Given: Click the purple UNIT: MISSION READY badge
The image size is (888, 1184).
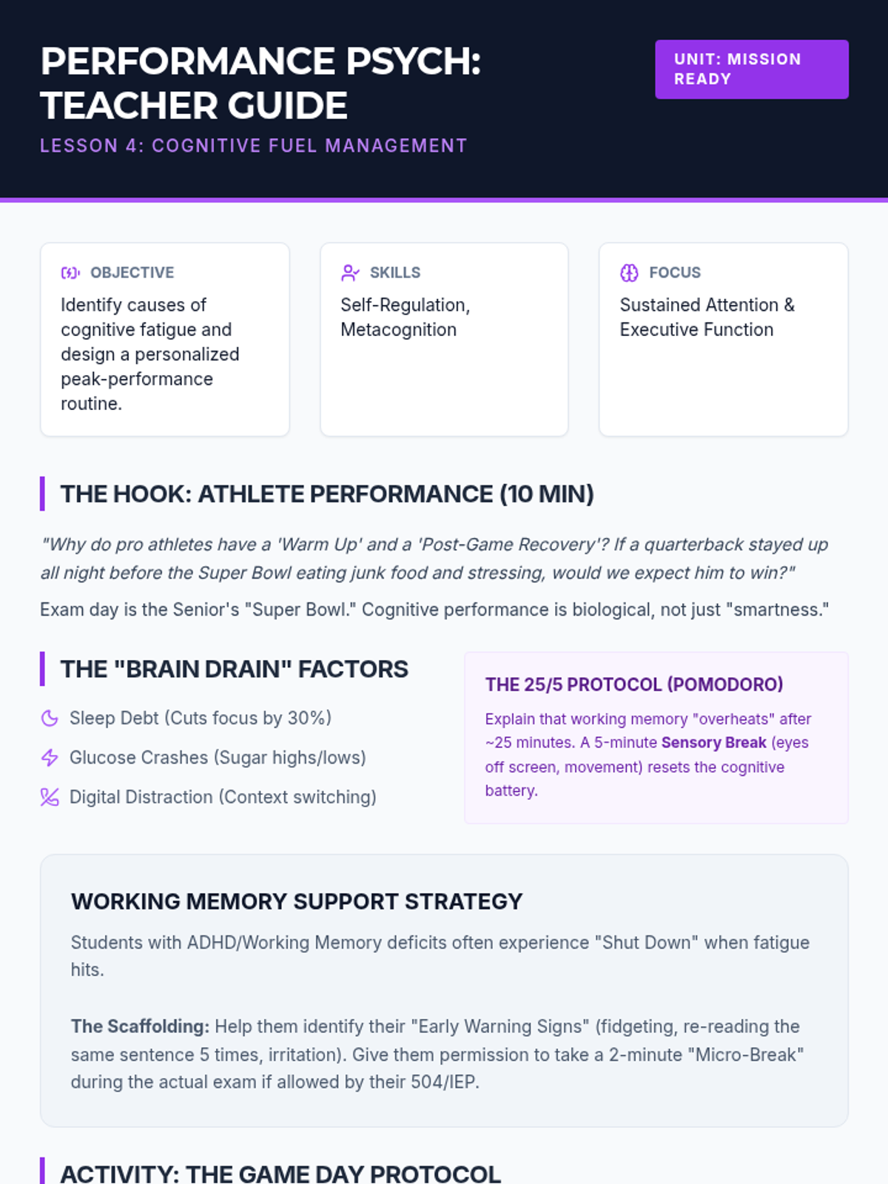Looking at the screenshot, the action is click(x=752, y=69).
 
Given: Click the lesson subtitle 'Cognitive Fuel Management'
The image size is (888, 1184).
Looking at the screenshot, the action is click(x=309, y=146).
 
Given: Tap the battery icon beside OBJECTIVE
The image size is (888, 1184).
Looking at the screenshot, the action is click(x=70, y=273).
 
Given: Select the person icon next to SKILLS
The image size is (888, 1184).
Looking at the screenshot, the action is click(x=350, y=273).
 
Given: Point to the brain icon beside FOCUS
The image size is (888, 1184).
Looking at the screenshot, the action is click(x=629, y=273).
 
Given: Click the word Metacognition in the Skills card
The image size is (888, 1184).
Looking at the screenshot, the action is click(x=398, y=329).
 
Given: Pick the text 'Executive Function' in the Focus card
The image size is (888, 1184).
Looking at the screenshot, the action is click(x=696, y=329).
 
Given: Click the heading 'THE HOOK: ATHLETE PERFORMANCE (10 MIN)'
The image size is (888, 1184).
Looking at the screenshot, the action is click(x=327, y=494).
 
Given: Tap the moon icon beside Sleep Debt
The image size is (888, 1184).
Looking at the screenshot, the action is click(x=50, y=719).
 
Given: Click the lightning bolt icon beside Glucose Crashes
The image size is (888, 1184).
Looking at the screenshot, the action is click(x=50, y=758).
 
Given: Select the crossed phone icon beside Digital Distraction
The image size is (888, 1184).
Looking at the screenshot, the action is click(x=50, y=797).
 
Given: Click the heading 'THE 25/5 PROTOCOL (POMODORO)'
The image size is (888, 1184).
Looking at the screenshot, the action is click(x=634, y=684).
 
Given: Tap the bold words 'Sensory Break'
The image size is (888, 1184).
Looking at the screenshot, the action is click(x=714, y=743).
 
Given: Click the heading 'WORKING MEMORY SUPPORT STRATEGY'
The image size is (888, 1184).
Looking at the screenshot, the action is click(x=297, y=901).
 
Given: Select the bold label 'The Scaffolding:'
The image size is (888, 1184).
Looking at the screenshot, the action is click(x=140, y=1026).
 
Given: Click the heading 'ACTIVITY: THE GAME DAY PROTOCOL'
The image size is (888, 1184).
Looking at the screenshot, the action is click(x=280, y=1174).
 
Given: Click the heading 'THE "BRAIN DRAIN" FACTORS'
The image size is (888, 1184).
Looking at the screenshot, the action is click(x=234, y=670).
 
